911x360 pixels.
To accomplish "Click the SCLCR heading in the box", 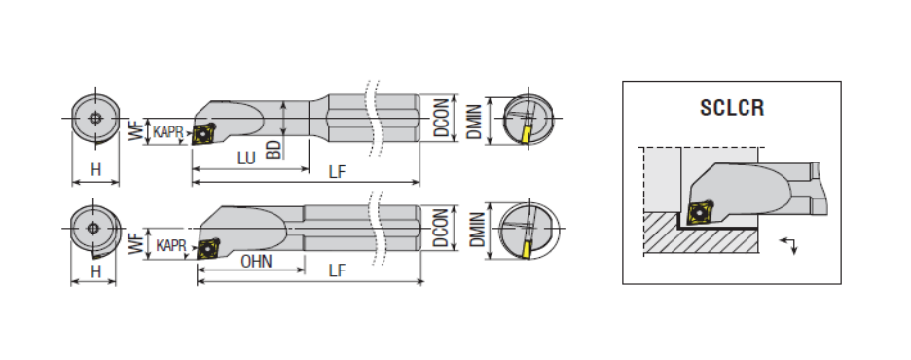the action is (732, 108).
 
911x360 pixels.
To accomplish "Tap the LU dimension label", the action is (246, 158).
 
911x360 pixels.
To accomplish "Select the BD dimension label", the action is (273, 149).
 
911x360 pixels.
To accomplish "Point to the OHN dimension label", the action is (256, 262).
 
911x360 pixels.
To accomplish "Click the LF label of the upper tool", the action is (337, 172).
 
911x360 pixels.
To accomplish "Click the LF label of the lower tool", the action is (337, 270).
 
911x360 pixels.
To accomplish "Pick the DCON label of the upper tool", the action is (442, 118).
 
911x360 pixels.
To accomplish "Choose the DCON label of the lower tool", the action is (442, 227).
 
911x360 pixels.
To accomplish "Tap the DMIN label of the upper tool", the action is (475, 122).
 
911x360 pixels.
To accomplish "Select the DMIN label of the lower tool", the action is (477, 230).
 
